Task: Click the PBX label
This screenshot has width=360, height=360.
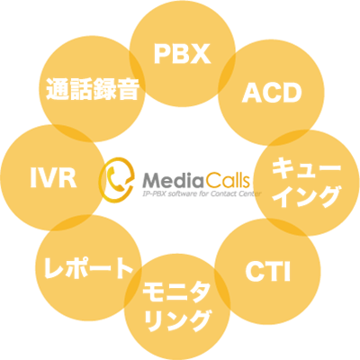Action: pyautogui.click(x=182, y=54)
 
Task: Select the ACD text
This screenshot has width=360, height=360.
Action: pyautogui.click(x=272, y=93)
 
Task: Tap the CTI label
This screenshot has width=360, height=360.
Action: pyautogui.click(x=268, y=272)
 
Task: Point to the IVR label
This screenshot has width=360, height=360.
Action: pyautogui.click(x=53, y=179)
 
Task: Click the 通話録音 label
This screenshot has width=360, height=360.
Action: pyautogui.click(x=93, y=89)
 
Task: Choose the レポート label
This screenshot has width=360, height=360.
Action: pyautogui.click(x=88, y=267)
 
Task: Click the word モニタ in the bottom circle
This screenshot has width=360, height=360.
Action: pyautogui.click(x=176, y=292)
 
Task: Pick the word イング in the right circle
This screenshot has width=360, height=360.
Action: pyautogui.click(x=308, y=197)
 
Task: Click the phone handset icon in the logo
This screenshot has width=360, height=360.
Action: pyautogui.click(x=114, y=179)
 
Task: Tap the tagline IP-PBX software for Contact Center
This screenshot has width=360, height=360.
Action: pyautogui.click(x=202, y=193)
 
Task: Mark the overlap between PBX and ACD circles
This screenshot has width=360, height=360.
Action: pyautogui.click(x=227, y=74)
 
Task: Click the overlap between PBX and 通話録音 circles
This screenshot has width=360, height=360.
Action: pyautogui.click(x=138, y=74)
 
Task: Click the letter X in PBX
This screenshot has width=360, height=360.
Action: pyautogui.click(x=201, y=54)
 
